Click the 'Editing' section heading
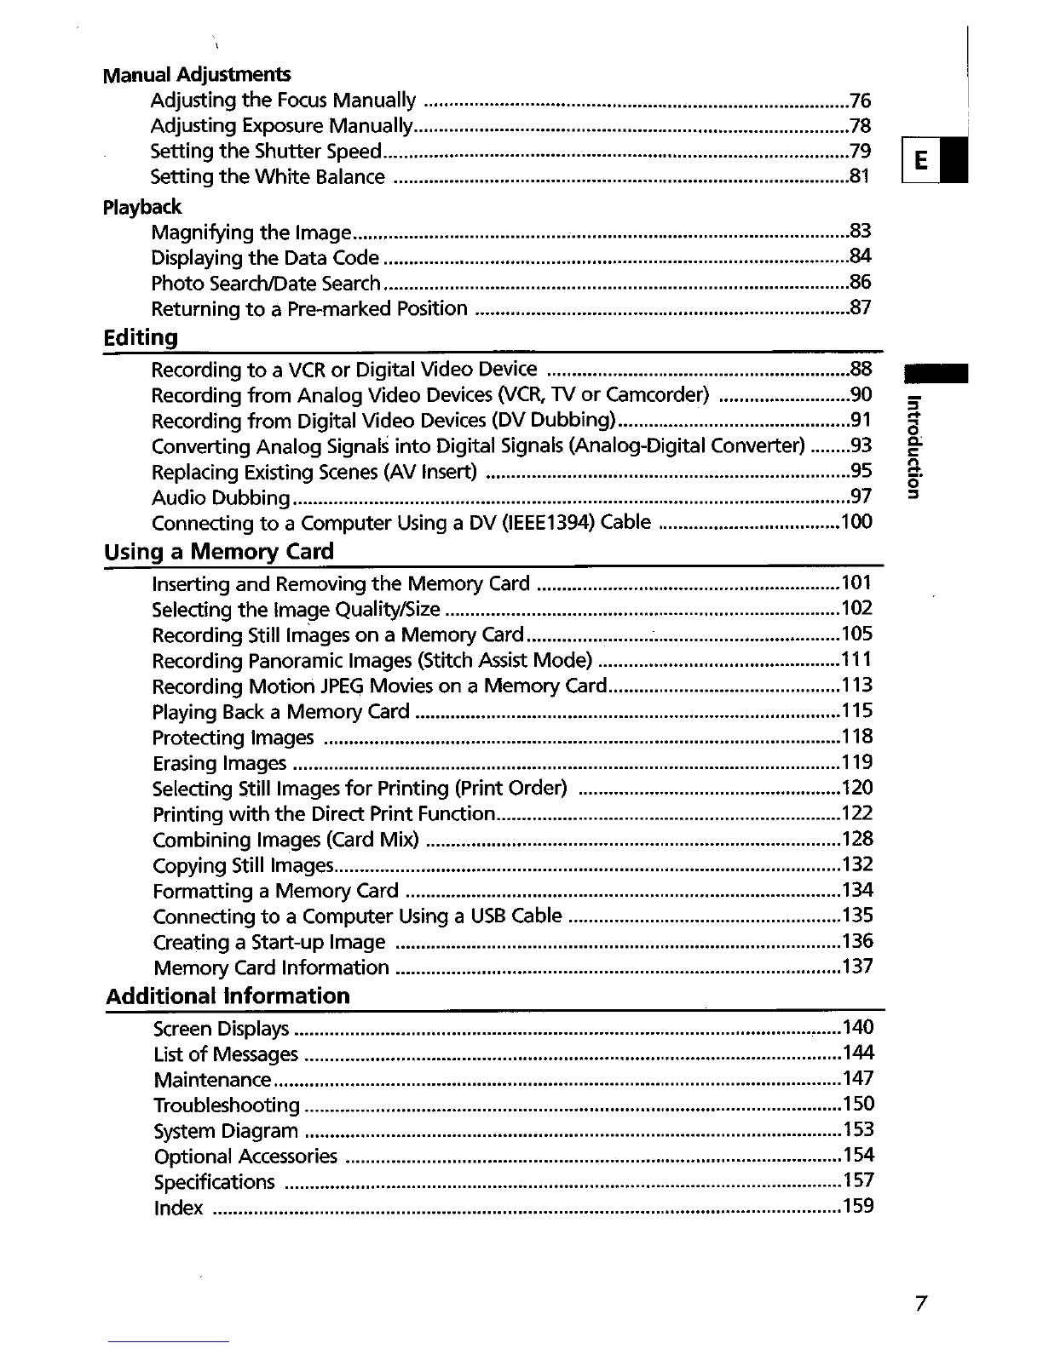pyautogui.click(x=141, y=338)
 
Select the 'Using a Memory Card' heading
pyautogui.click(x=219, y=552)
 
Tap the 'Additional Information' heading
pyautogui.click(x=228, y=996)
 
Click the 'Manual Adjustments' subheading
pyautogui.click(x=196, y=75)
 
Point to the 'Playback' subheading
pyautogui.click(x=141, y=207)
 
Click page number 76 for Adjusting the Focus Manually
pyautogui.click(x=861, y=101)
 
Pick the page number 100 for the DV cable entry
pyautogui.click(x=856, y=522)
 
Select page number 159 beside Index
pyautogui.click(x=857, y=1207)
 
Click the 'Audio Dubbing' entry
pyautogui.click(x=222, y=498)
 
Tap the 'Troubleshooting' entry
pyautogui.click(x=227, y=1105)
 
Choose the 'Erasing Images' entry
pyautogui.click(x=220, y=763)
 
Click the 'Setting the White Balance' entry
pyautogui.click(x=268, y=177)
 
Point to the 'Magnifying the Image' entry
pyautogui.click(x=251, y=233)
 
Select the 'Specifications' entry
pyautogui.click(x=215, y=1182)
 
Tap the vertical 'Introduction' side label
pyautogui.click(x=913, y=446)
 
